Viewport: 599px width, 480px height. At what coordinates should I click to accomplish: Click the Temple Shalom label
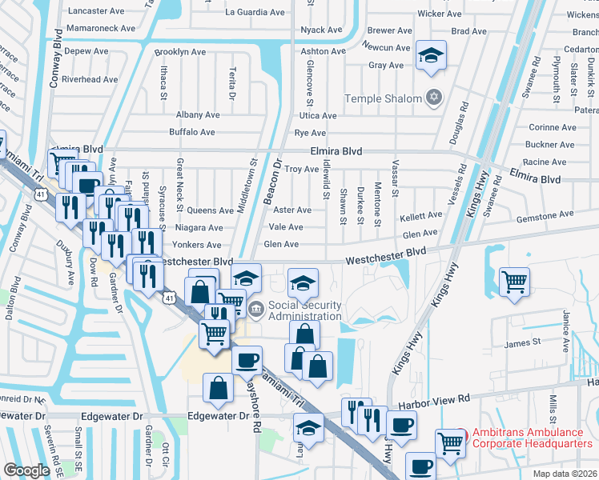coord(383,98)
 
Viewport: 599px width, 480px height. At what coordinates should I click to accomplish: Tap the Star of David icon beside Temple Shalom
coord(433,98)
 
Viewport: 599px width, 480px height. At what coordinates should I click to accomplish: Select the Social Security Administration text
coord(304,310)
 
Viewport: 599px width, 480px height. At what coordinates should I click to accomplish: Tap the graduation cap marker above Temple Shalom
coord(431,56)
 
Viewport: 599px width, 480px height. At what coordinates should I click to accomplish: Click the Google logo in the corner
coord(26,470)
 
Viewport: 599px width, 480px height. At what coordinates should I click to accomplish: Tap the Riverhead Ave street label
coord(90,80)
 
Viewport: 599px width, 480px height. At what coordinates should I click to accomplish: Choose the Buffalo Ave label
coord(191,132)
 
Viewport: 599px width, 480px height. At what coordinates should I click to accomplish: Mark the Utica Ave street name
coord(317,116)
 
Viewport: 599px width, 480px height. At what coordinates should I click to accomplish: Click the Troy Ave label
coord(303,169)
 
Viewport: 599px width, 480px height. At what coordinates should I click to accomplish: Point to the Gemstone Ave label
coord(545,214)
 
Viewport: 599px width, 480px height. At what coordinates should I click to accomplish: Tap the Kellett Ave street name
coord(421,215)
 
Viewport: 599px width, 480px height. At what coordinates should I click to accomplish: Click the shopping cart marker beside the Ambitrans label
coord(450,442)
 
